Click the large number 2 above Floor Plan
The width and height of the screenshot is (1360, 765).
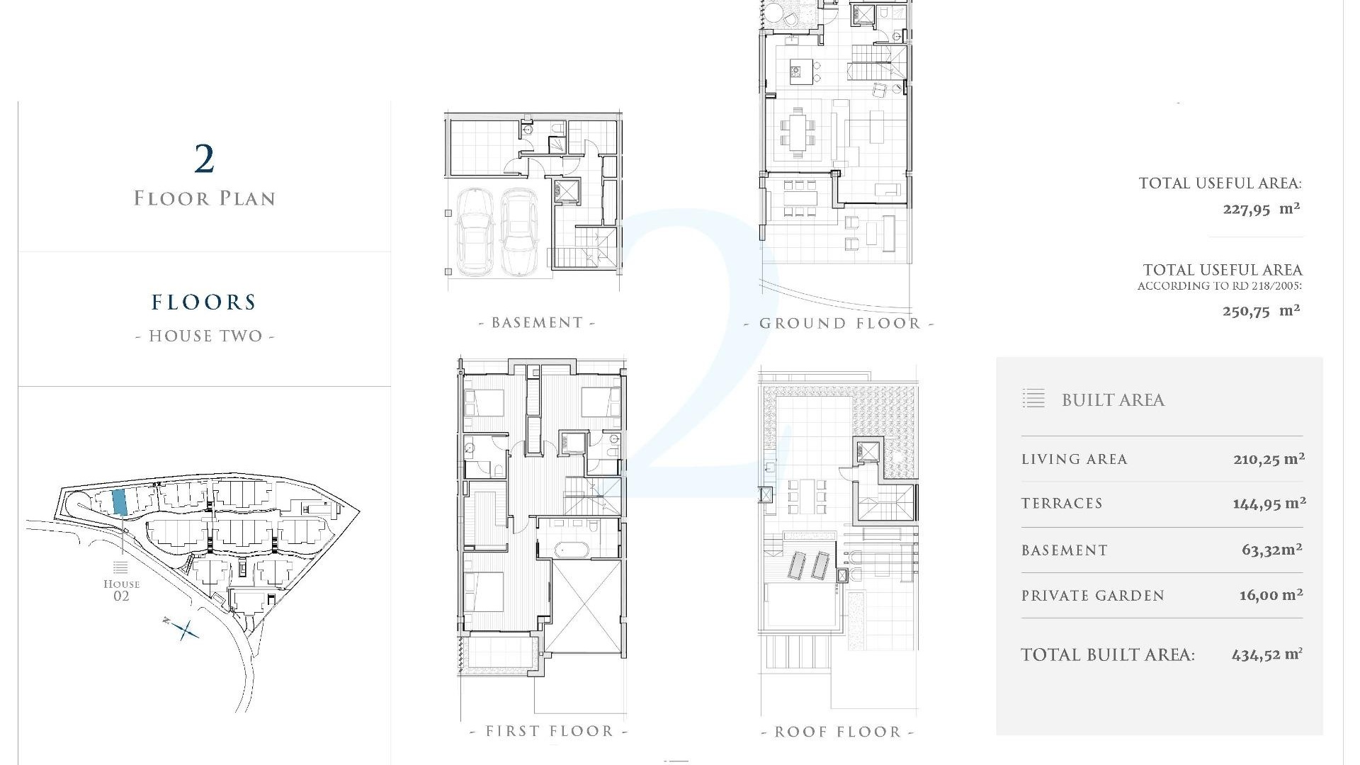[x=204, y=159]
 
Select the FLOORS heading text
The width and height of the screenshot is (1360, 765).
[x=204, y=302]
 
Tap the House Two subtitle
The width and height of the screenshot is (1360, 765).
[x=205, y=336]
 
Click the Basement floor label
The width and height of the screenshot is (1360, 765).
[x=537, y=323]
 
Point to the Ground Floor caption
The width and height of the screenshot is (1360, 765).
[x=839, y=324]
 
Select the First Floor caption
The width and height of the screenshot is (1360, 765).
[x=549, y=731]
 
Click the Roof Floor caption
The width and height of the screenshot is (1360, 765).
[x=838, y=732]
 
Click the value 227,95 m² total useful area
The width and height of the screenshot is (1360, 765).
[x=1261, y=209]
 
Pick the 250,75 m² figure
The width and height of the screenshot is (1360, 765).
[x=1261, y=311]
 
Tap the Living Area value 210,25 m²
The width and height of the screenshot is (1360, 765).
[x=1269, y=459]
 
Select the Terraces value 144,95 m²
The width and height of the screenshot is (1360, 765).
[x=1269, y=504]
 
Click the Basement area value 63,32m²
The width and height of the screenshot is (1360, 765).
[x=1271, y=550]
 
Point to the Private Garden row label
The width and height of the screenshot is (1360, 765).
[x=1092, y=596]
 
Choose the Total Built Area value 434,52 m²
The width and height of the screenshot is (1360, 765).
[x=1266, y=654]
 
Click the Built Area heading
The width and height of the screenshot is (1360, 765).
[x=1113, y=400]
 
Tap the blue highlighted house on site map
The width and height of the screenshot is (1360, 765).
[x=120, y=501]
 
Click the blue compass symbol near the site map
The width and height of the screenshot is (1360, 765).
[x=186, y=629]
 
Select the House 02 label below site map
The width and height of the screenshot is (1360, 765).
[x=121, y=589]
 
